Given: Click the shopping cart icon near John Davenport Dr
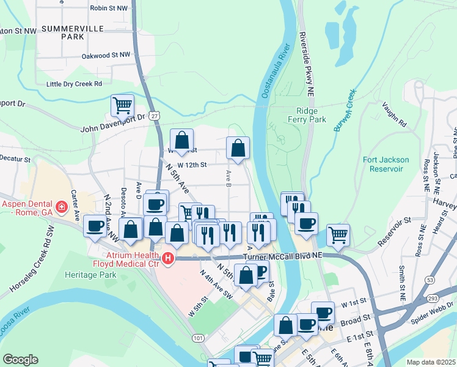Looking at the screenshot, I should tap(122, 106).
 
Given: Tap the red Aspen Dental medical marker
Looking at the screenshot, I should tap(61, 208).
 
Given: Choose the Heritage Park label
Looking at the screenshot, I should tap(90, 276).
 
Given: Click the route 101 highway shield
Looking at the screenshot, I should tap(197, 338).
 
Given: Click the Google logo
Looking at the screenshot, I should tap(20, 360).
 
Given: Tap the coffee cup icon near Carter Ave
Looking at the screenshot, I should tap(95, 226).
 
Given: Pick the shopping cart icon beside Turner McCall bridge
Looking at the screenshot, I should tap(338, 234).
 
